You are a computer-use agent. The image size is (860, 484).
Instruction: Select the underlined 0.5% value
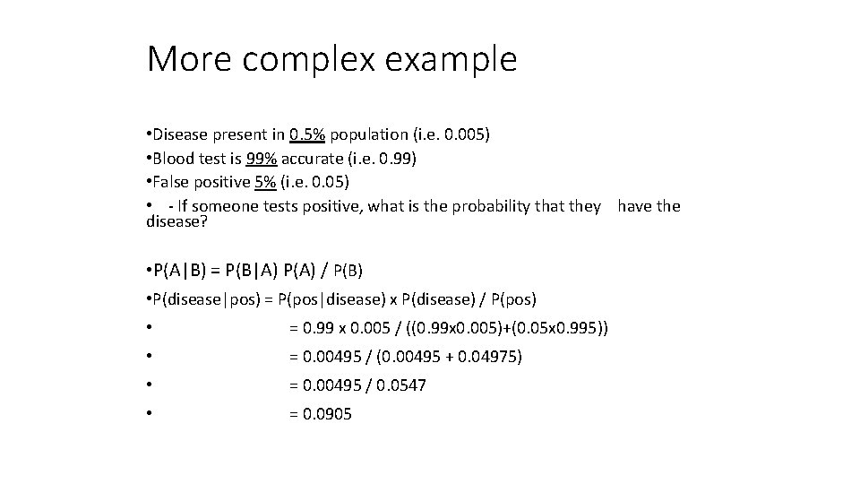308,134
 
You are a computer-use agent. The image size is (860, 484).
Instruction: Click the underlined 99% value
263,159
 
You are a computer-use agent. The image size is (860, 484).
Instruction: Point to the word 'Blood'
174,159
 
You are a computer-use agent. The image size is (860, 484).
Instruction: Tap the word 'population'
368,134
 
